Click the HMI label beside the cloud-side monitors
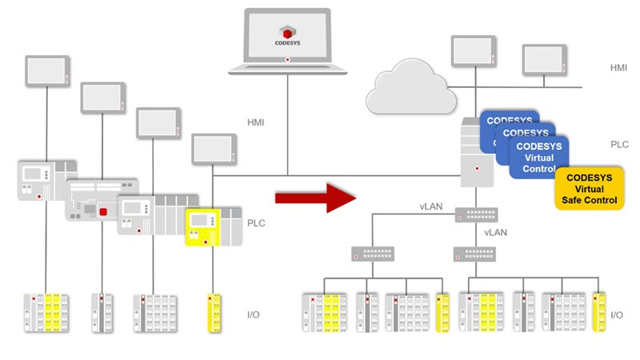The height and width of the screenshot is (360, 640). point(618,68)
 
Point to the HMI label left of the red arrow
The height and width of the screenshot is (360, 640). point(256,123)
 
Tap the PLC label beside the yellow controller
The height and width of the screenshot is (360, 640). point(256,223)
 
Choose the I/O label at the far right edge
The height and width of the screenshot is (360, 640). point(617,315)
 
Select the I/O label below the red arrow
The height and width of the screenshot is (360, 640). point(256,314)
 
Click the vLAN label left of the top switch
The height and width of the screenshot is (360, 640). point(430,206)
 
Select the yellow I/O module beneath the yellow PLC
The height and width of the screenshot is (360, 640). point(214,313)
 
